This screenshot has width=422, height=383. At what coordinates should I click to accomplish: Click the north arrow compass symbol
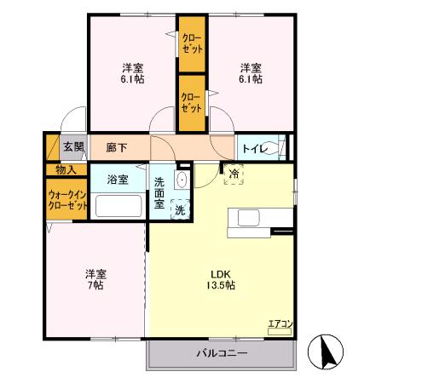(x=326, y=352)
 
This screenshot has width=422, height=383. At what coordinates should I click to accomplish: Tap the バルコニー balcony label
(x=222, y=353)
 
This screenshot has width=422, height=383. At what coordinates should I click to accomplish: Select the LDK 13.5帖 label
(x=221, y=280)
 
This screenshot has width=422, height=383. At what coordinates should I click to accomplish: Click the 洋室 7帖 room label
(x=95, y=280)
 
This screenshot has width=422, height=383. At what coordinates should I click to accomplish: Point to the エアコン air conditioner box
(x=280, y=332)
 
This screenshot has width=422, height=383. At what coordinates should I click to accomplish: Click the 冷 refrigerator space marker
(x=234, y=174)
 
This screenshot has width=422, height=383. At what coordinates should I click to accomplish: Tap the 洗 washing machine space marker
(x=180, y=209)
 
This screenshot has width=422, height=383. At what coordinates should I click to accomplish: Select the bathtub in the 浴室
(x=119, y=206)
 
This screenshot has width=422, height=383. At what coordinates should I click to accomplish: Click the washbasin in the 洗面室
(x=181, y=180)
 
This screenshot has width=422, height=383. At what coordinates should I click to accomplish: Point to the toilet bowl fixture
(x=271, y=147)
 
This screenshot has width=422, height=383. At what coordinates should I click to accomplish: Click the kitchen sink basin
(x=249, y=218)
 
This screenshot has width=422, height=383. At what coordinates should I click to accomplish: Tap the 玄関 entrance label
(x=73, y=147)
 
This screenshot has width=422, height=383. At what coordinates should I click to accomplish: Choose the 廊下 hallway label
(x=117, y=147)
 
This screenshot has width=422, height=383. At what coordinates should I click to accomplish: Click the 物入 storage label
(x=66, y=170)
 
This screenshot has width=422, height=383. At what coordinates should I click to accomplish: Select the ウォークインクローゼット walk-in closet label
(x=67, y=200)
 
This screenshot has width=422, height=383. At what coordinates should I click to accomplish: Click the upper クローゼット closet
(x=192, y=44)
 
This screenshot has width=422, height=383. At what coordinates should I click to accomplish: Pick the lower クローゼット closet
(x=192, y=103)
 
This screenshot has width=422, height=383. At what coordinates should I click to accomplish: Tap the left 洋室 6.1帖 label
(x=132, y=74)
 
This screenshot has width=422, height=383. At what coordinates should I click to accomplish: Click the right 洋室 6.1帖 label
(x=251, y=74)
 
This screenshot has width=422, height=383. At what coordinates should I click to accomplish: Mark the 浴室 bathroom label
(x=118, y=180)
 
